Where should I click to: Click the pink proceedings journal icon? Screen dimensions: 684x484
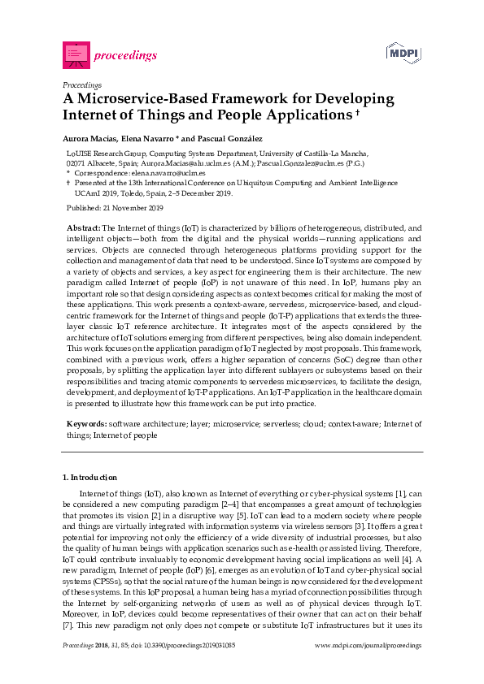tap(75, 54)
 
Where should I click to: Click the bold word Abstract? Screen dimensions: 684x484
tap(83, 229)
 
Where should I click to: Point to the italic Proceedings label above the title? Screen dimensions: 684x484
tap(81, 84)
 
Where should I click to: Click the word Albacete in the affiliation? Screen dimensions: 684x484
tap(102, 162)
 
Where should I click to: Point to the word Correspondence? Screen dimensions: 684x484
tap(101, 173)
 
